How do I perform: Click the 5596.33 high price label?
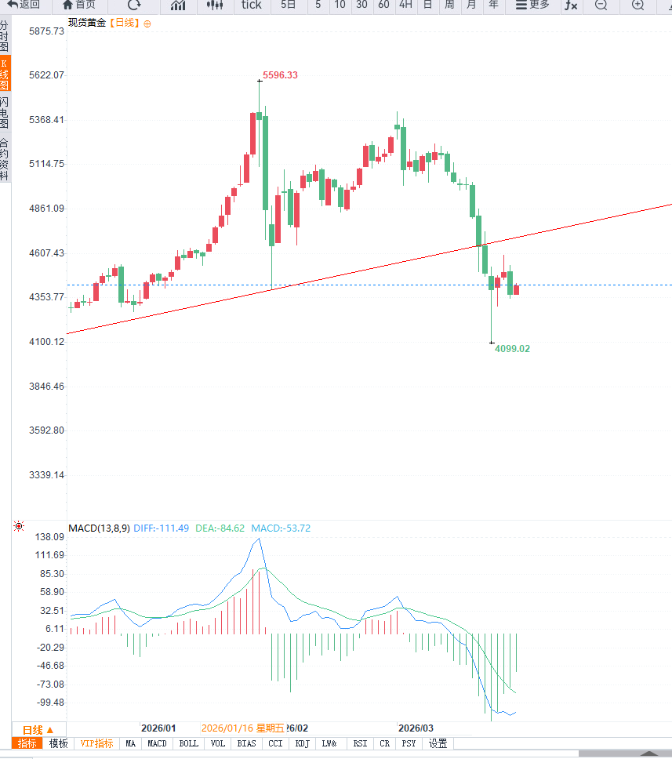[280, 75]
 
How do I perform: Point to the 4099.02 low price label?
[512, 348]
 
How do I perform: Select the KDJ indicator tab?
[303, 743]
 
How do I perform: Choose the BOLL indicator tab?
[188, 743]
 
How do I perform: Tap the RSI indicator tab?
[360, 743]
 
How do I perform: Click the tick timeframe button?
[251, 5]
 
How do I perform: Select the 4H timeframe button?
[405, 5]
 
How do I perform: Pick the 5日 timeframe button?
[288, 5]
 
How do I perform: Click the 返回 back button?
[24, 5]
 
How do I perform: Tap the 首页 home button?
[78, 5]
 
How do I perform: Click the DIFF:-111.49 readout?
[162, 528]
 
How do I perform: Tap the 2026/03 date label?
[416, 728]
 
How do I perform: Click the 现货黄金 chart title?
[86, 23]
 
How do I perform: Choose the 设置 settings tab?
[438, 743]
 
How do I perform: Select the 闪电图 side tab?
[5, 114]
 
